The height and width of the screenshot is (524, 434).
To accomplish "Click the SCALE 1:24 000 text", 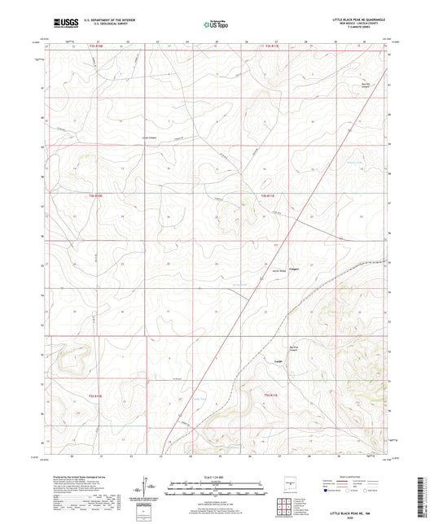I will click(217, 477).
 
